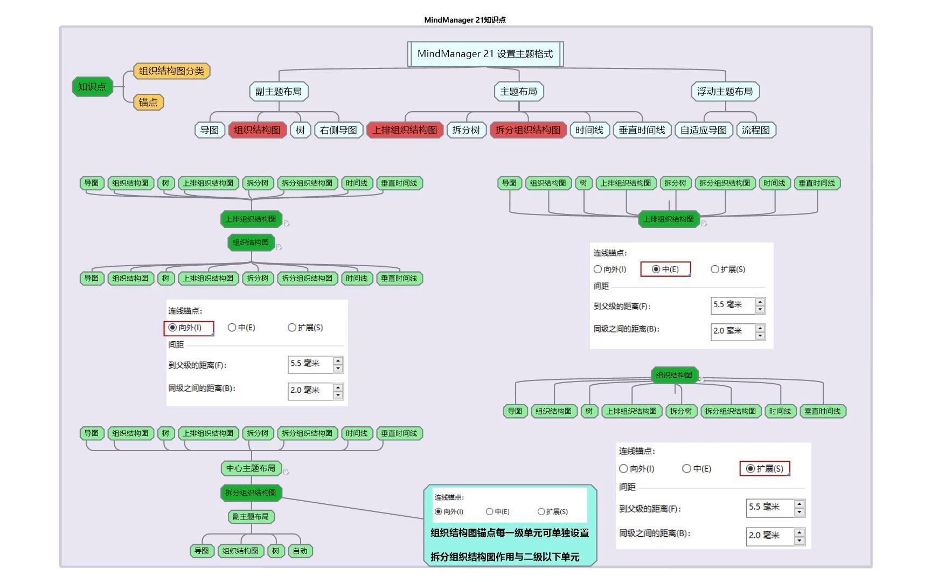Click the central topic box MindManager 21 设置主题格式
pos(485,54)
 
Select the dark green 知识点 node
pos(92,87)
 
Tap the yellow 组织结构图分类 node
pos(171,71)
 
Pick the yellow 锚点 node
pos(148,102)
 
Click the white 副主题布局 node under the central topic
pos(278,92)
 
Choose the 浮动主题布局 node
pos(725,92)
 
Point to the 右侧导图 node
pos(338,130)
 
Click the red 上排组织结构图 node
pos(405,130)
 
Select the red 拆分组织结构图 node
pos(527,130)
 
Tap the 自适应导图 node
pos(703,130)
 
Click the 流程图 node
pos(755,130)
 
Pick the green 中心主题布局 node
pos(251,468)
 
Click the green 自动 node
pos(300,551)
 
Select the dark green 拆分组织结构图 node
pos(251,493)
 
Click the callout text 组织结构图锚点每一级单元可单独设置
pos(509,533)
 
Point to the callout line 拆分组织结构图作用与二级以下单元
pos(505,557)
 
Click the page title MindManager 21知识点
pos(465,20)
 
